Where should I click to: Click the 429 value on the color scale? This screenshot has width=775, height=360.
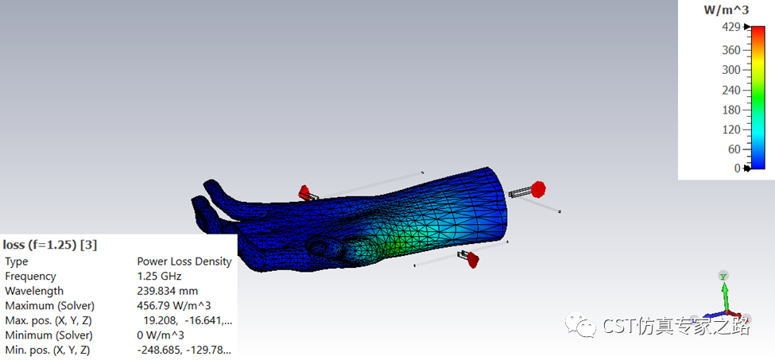pyautogui.click(x=731, y=28)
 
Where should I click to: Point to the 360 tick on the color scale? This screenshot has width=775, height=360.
pyautogui.click(x=731, y=50)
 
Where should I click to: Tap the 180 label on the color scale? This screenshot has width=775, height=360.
pyautogui.click(x=731, y=110)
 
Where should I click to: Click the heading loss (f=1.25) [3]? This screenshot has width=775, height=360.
pyautogui.click(x=50, y=245)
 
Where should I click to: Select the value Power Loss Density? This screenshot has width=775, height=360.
pyautogui.click(x=184, y=261)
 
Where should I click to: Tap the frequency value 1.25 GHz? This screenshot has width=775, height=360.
pyautogui.click(x=159, y=276)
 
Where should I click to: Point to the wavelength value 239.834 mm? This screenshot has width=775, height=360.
pyautogui.click(x=167, y=291)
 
